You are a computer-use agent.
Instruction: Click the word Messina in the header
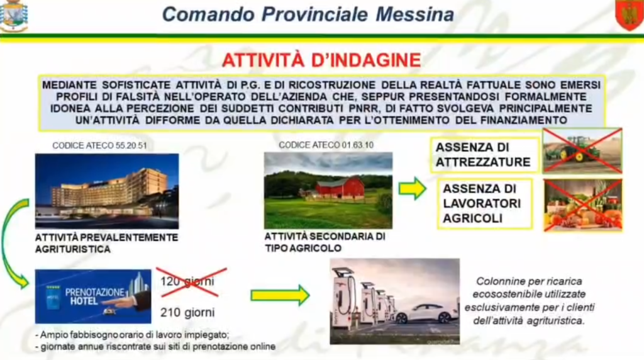[415, 14]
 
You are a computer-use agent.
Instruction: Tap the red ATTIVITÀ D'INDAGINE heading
[321, 60]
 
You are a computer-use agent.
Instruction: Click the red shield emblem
[629, 15]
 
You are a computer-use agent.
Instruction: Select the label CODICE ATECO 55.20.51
[99, 145]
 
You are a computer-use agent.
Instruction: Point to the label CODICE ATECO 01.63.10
[326, 145]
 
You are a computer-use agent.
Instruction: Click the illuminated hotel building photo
[107, 191]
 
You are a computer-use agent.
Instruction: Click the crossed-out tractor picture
[582, 150]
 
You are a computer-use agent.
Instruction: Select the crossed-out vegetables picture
[583, 205]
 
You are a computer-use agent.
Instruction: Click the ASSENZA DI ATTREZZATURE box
[485, 155]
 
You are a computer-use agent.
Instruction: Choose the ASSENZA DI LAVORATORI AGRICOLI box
[485, 203]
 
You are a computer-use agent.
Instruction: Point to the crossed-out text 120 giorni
[187, 281]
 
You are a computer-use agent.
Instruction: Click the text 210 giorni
[187, 313]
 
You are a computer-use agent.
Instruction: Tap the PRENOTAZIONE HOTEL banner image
[93, 296]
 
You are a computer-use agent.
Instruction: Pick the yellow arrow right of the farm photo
[413, 189]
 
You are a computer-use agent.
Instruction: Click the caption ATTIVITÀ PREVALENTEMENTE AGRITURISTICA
[106, 244]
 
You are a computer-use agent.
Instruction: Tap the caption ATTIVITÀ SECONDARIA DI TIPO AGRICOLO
[325, 242]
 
